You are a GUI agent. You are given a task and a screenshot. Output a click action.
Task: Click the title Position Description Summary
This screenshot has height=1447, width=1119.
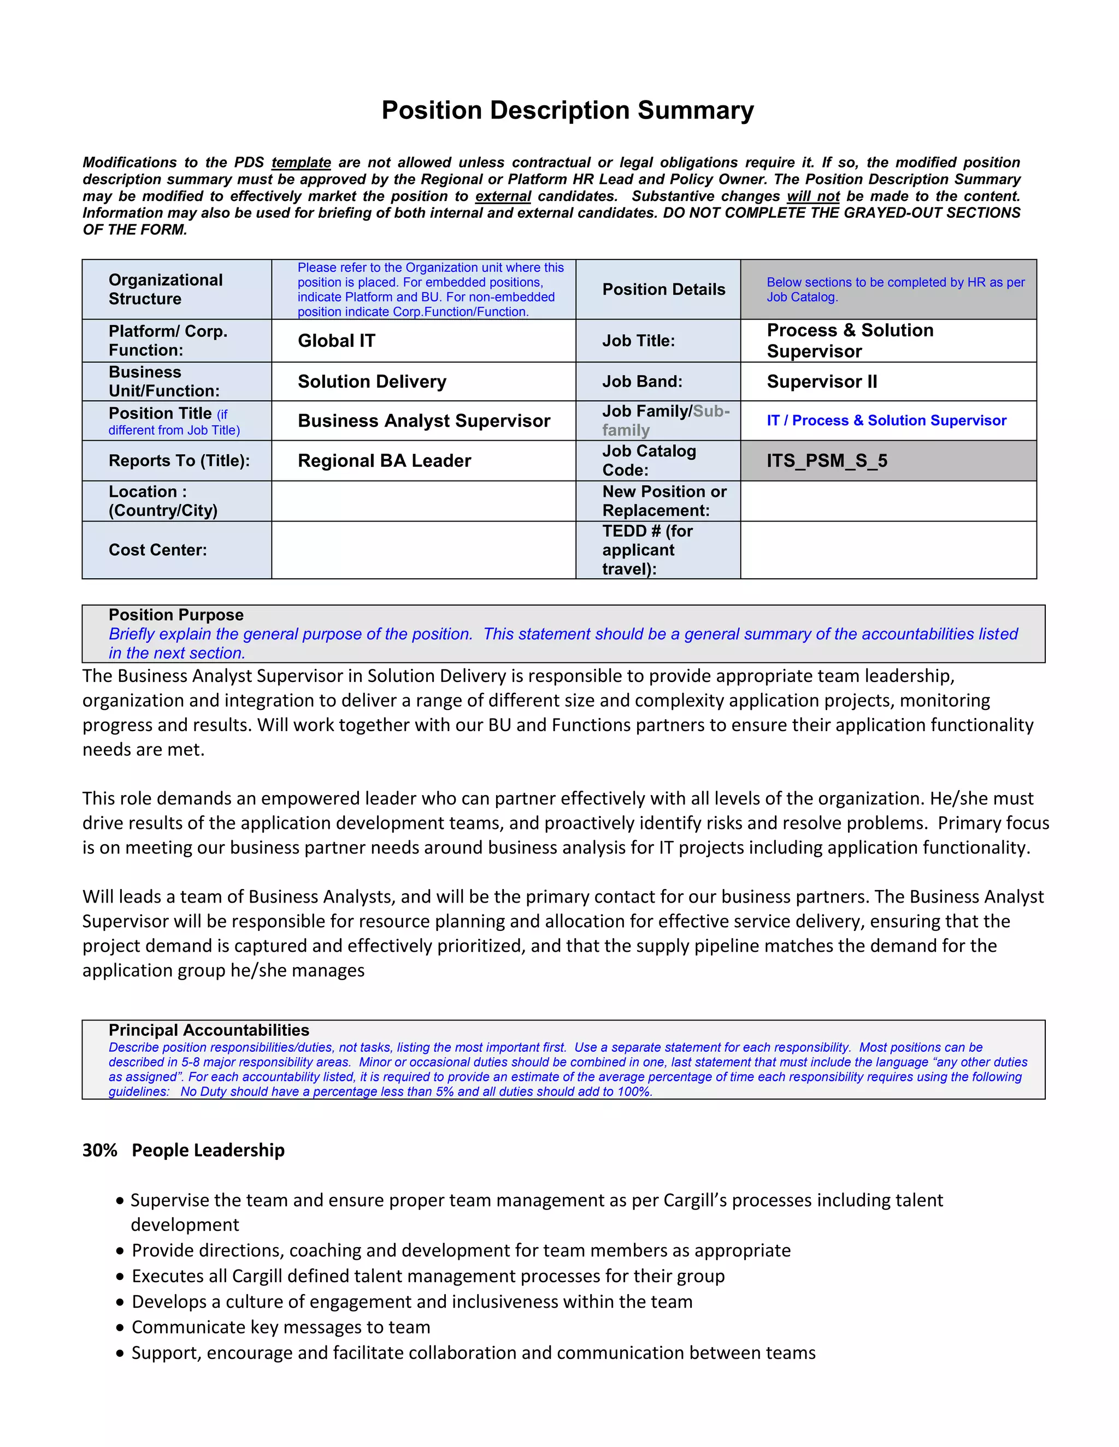(x=568, y=110)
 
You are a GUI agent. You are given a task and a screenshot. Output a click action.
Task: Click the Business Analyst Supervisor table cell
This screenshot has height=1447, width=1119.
(x=423, y=420)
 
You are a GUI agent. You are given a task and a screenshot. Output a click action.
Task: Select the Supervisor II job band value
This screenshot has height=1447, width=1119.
(x=822, y=382)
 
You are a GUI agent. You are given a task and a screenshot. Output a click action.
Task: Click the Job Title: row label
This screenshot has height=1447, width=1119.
(x=638, y=341)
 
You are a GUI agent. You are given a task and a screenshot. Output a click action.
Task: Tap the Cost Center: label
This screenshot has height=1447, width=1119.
(x=158, y=550)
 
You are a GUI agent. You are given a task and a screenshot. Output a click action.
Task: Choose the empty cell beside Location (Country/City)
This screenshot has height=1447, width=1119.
(x=423, y=501)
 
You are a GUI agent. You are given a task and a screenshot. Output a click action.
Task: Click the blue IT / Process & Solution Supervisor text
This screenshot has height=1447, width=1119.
(x=886, y=420)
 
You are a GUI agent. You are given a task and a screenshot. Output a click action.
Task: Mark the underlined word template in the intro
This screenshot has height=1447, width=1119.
(x=301, y=162)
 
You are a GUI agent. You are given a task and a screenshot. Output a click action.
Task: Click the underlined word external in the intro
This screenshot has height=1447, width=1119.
(x=503, y=196)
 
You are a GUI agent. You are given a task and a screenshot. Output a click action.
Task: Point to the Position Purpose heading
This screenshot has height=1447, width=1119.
(x=176, y=615)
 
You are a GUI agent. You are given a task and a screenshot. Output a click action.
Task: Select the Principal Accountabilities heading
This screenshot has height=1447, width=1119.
(x=209, y=1030)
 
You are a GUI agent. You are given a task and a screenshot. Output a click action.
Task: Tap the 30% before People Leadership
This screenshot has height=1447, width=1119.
(x=99, y=1150)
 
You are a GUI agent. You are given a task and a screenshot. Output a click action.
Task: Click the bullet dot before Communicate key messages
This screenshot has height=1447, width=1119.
(x=120, y=1328)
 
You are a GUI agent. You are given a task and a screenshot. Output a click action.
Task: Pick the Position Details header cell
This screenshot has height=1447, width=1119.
(x=663, y=289)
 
